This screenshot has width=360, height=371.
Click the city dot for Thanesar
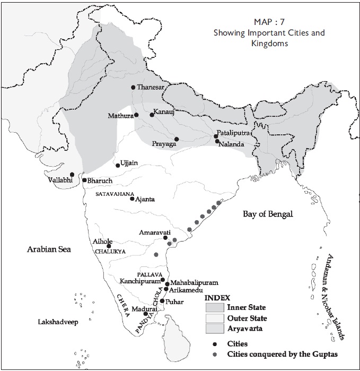133,88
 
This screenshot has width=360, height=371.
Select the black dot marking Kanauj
152,114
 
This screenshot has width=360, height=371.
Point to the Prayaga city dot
177,139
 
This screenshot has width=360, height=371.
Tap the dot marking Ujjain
118,166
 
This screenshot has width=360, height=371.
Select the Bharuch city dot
84,180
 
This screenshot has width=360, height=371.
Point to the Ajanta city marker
132,199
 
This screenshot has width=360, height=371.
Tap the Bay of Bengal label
268,214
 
